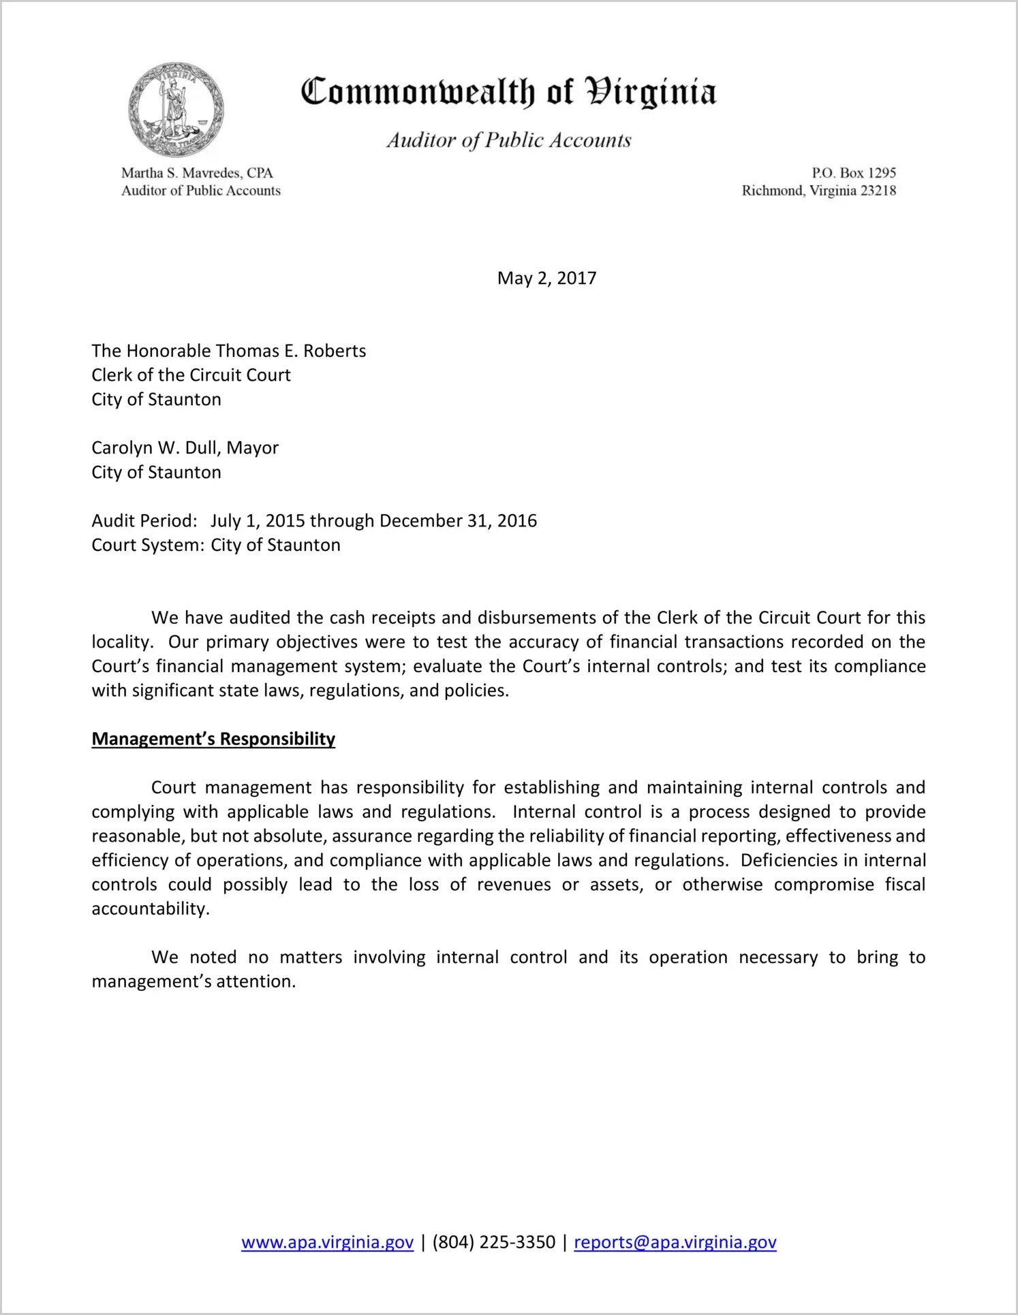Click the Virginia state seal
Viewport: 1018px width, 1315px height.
click(176, 110)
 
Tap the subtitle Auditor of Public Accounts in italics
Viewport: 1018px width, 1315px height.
click(509, 140)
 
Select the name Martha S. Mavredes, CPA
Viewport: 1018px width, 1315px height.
click(197, 173)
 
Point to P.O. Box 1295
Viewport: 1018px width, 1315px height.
click(853, 173)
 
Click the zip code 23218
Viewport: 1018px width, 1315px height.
click(878, 191)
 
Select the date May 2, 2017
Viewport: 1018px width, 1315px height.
click(546, 278)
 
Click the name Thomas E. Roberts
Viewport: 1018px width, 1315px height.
click(291, 351)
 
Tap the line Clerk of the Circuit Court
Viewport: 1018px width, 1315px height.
click(191, 375)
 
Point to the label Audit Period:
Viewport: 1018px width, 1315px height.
click(144, 521)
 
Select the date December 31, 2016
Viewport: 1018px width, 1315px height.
click(458, 521)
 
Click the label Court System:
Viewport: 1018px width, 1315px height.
click(147, 545)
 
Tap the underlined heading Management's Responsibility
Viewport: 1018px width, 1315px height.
click(213, 739)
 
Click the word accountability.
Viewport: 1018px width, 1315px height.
click(150, 909)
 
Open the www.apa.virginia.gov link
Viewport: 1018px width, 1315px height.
click(327, 1242)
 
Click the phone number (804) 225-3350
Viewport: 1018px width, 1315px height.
click(493, 1242)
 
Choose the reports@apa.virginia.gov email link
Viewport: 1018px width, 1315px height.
click(675, 1242)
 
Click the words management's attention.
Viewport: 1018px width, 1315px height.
click(194, 982)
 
